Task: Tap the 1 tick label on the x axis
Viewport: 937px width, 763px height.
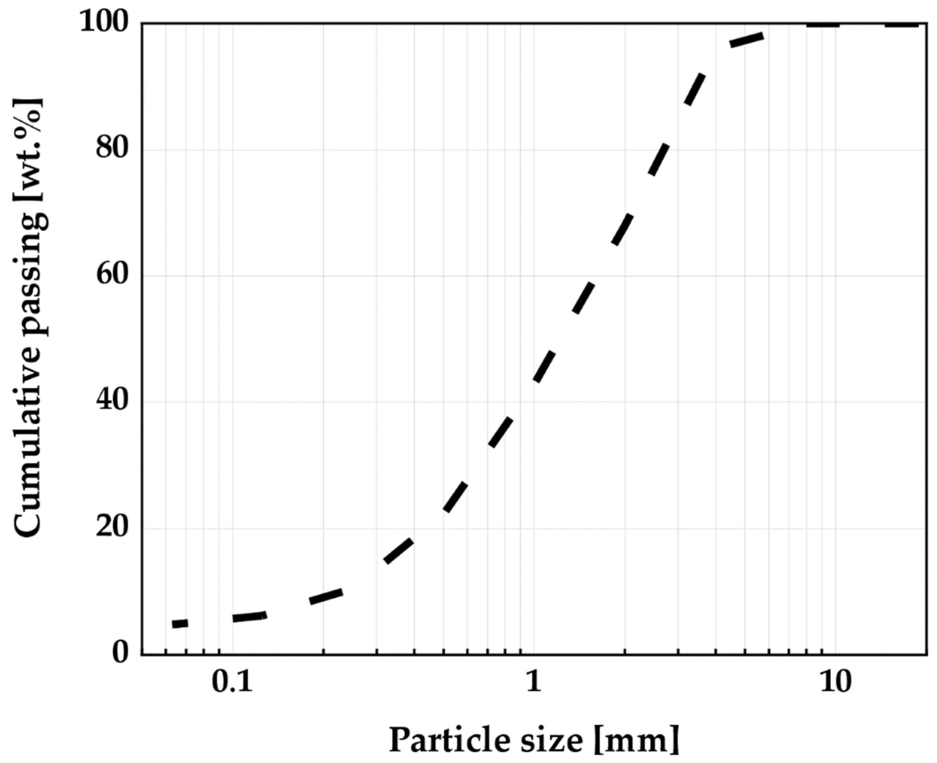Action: tap(533, 683)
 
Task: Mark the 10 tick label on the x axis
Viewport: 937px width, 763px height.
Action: tap(835, 683)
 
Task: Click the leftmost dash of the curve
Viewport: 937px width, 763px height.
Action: tap(180, 624)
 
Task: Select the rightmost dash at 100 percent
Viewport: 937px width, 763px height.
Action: tap(901, 25)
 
